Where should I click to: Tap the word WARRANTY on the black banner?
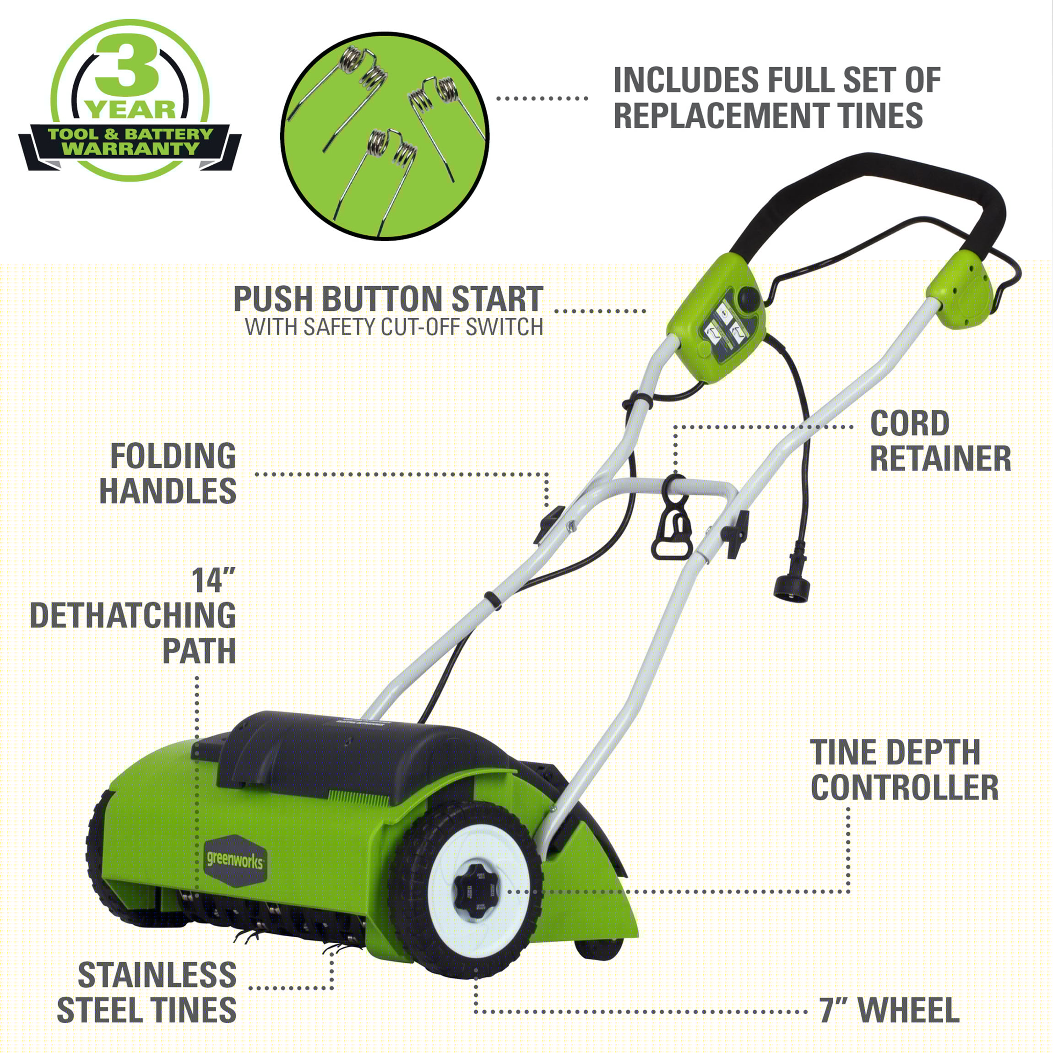pos(131,149)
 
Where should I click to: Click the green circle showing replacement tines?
pos(385,136)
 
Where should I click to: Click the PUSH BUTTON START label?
pos(388,299)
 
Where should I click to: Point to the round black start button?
pos(749,298)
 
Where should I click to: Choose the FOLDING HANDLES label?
pos(168,473)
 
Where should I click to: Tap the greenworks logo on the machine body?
pos(235,861)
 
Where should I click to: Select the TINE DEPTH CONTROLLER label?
pos(904,770)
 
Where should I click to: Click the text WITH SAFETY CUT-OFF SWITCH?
pos(394,327)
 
